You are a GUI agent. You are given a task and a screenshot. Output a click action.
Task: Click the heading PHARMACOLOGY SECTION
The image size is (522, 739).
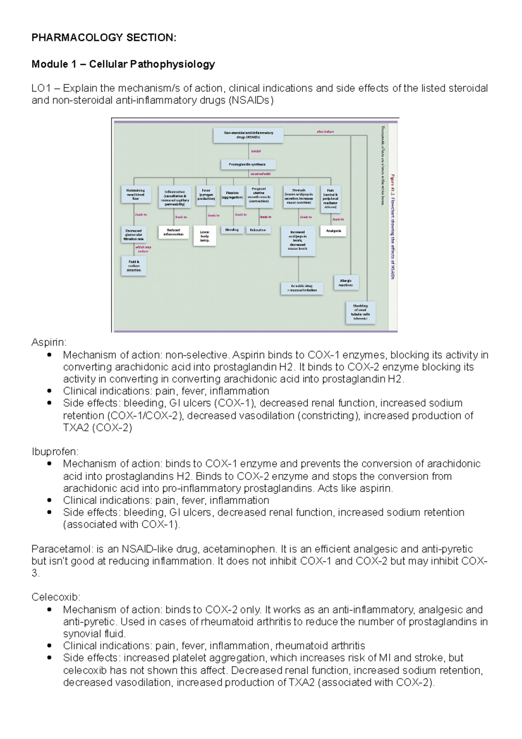click(104, 38)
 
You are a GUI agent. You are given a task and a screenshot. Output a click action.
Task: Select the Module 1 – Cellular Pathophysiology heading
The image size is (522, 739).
click(123, 64)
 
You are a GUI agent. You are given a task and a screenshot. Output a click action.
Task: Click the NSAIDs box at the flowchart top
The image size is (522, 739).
click(248, 135)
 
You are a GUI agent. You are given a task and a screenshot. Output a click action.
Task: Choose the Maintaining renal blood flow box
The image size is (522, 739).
click(135, 195)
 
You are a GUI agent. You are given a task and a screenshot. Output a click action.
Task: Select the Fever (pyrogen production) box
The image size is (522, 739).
click(206, 195)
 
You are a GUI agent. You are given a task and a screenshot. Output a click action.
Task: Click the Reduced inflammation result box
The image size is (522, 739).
click(174, 232)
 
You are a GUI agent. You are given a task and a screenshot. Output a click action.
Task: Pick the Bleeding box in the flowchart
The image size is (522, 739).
click(232, 230)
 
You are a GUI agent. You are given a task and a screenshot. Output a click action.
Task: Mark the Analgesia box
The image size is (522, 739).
click(333, 231)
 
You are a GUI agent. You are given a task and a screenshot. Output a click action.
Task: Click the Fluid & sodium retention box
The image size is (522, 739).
click(134, 266)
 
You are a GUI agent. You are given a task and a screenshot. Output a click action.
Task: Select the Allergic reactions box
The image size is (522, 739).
click(346, 283)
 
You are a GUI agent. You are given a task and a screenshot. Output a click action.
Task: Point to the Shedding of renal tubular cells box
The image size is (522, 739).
click(360, 312)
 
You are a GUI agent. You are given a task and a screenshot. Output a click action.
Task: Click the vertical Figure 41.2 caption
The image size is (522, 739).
click(392, 226)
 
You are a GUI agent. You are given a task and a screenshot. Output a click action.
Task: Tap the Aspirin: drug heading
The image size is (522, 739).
click(49, 343)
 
